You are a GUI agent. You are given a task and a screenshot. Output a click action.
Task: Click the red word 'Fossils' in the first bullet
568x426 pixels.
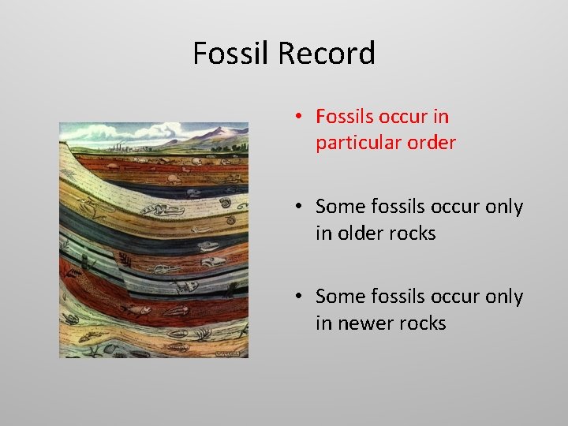click(x=343, y=117)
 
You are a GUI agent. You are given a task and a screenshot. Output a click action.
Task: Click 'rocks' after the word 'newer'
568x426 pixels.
click(x=421, y=323)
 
